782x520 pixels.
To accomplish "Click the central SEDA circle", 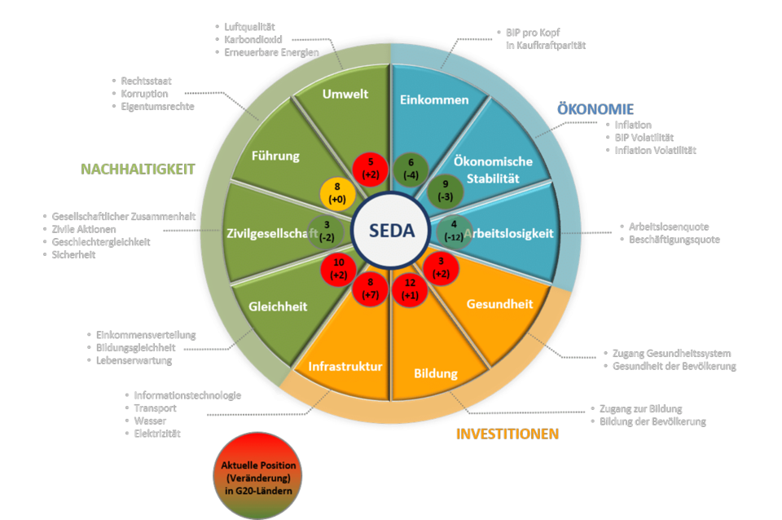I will tap(390, 231).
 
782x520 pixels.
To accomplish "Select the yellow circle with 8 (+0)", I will tap(336, 193).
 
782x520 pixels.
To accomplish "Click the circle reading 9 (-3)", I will tap(445, 191).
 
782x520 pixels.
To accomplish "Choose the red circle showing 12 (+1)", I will tap(410, 289).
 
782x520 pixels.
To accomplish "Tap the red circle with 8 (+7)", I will tap(370, 289).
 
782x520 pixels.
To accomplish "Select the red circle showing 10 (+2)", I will tap(339, 270).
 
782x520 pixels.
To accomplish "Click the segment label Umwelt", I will tap(345, 94).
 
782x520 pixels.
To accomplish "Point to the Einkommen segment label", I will tap(435, 100).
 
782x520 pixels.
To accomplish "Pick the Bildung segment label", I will tap(436, 374).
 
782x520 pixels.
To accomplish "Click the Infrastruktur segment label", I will tap(345, 367).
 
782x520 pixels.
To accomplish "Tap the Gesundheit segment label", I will tap(499, 304).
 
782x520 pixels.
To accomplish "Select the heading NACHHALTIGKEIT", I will tap(138, 169).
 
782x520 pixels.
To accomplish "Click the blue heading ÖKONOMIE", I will tap(595, 109).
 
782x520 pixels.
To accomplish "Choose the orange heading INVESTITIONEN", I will tap(507, 434).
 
